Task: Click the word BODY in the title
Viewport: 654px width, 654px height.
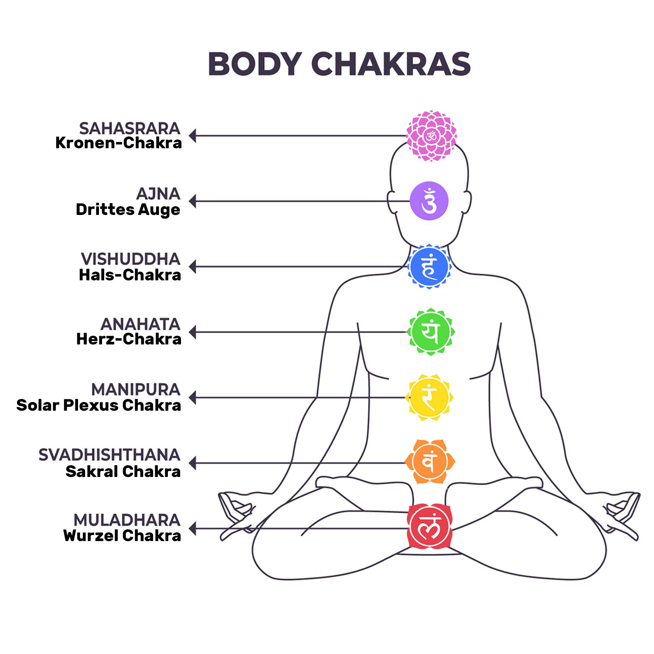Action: [255, 64]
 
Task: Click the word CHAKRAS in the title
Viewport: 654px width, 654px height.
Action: [391, 64]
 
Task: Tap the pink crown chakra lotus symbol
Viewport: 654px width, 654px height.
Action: [431, 136]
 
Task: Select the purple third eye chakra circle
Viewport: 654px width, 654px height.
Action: [429, 201]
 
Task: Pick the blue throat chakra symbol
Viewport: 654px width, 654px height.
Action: [429, 266]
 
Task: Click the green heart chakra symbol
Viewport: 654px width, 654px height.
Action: [430, 332]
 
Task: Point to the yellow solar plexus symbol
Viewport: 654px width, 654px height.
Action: [429, 397]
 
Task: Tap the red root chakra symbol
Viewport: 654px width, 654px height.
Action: [429, 526]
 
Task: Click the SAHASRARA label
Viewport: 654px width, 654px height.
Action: [129, 128]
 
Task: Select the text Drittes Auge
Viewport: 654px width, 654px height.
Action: [128, 210]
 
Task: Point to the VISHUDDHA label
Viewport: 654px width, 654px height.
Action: [130, 259]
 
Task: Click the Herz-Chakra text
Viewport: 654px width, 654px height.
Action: [129, 339]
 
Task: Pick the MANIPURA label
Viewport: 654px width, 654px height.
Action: [136, 389]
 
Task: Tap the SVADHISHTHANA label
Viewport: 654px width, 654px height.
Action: [109, 455]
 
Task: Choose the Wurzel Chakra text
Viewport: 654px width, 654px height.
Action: [122, 535]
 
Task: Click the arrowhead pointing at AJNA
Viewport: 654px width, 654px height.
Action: [192, 201]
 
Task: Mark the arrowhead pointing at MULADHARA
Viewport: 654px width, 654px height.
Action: [192, 528]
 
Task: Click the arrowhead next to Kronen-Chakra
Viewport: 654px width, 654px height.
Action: [192, 136]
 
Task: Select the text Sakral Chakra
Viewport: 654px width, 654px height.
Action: [123, 471]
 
